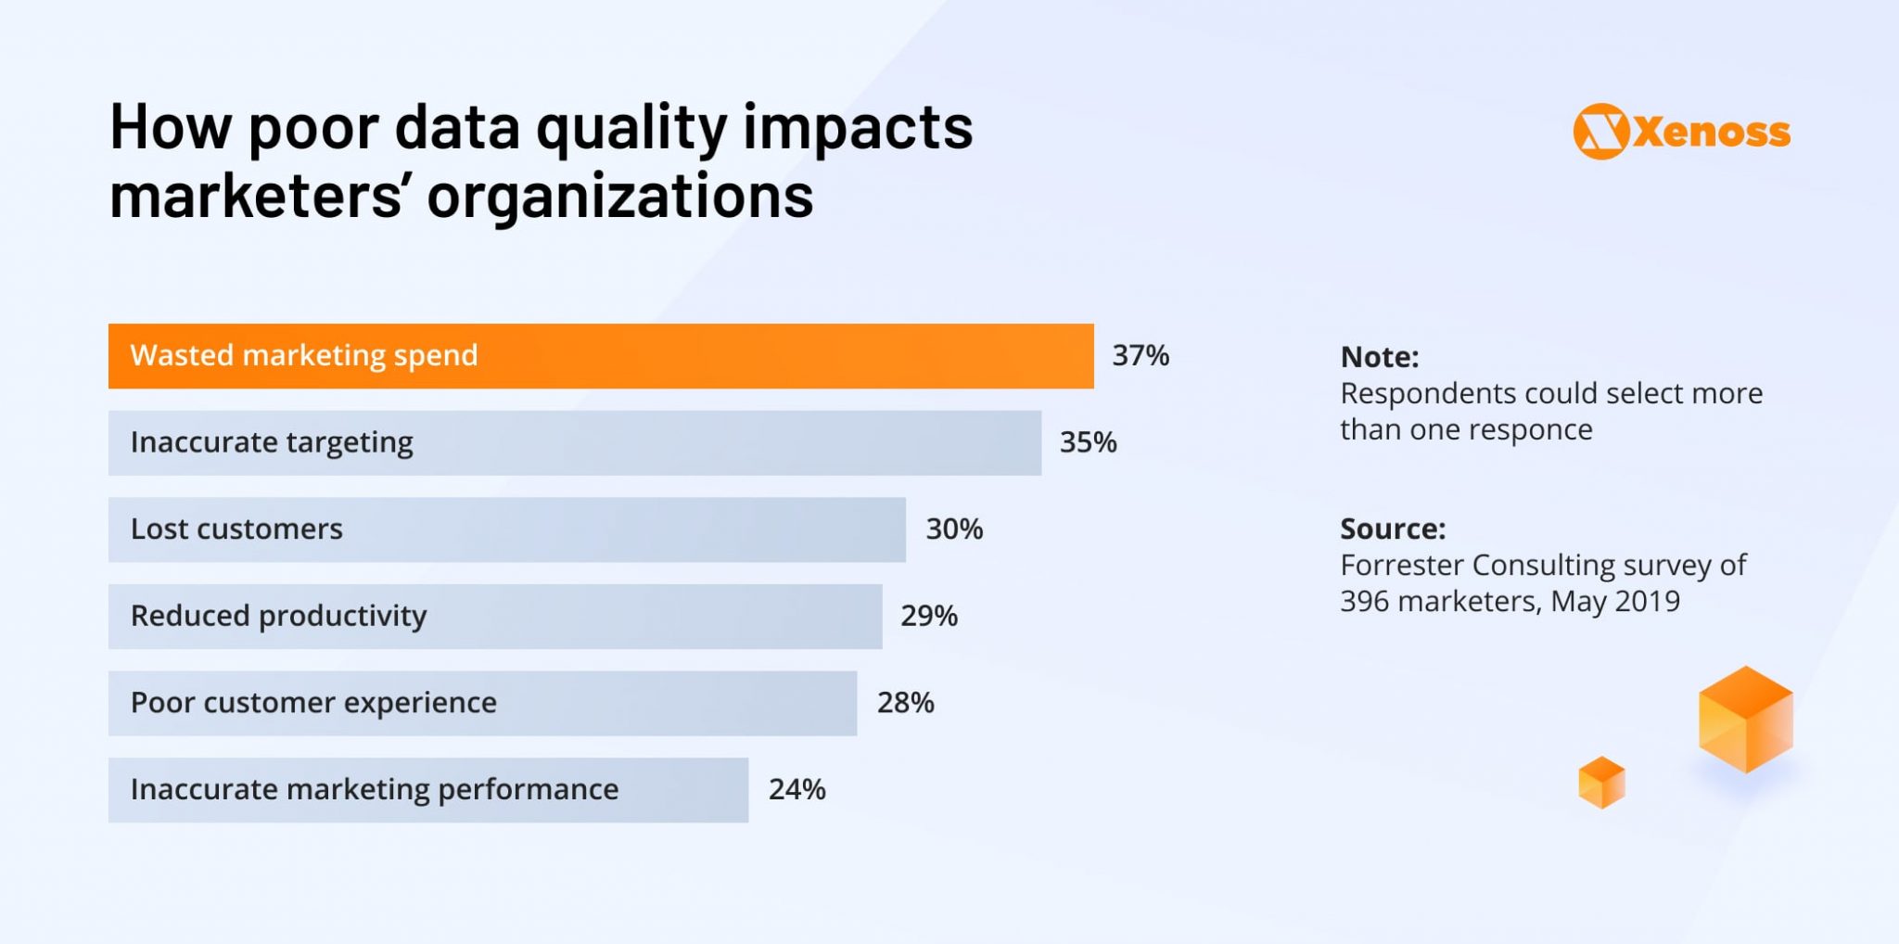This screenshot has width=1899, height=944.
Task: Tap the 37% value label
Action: coord(1141,355)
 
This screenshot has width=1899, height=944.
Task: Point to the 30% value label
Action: coord(954,529)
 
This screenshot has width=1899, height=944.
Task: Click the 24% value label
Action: coord(797,789)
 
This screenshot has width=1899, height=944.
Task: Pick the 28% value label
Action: coord(905,703)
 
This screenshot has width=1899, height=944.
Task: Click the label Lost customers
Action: coord(236,529)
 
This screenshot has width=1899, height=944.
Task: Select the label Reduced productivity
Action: coord(278,616)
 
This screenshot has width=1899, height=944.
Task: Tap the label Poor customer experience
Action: coord(313,703)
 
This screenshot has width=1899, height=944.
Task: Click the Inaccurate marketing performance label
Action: coord(374,789)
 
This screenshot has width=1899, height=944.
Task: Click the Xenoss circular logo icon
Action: coord(1600,132)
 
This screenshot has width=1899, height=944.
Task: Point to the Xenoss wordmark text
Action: coord(1712,133)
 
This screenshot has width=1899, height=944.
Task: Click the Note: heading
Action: coord(1379,357)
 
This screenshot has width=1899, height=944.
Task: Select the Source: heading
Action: coord(1392,529)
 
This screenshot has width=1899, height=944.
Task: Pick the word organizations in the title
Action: coord(619,197)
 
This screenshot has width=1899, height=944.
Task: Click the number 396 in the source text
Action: coord(1364,601)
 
